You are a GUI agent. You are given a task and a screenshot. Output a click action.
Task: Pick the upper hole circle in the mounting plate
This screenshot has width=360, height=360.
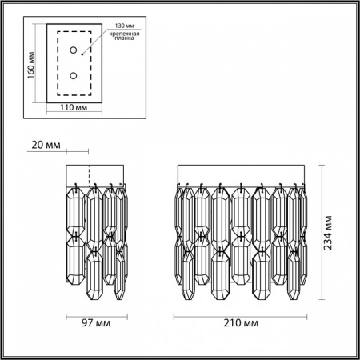[74, 51]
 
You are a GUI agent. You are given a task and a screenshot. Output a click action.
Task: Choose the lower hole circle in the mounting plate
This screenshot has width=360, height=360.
[74, 76]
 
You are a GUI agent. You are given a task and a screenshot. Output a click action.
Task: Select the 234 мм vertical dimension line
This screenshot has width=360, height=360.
[322, 234]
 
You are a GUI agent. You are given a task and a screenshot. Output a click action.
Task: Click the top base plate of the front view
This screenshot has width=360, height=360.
[240, 174]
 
